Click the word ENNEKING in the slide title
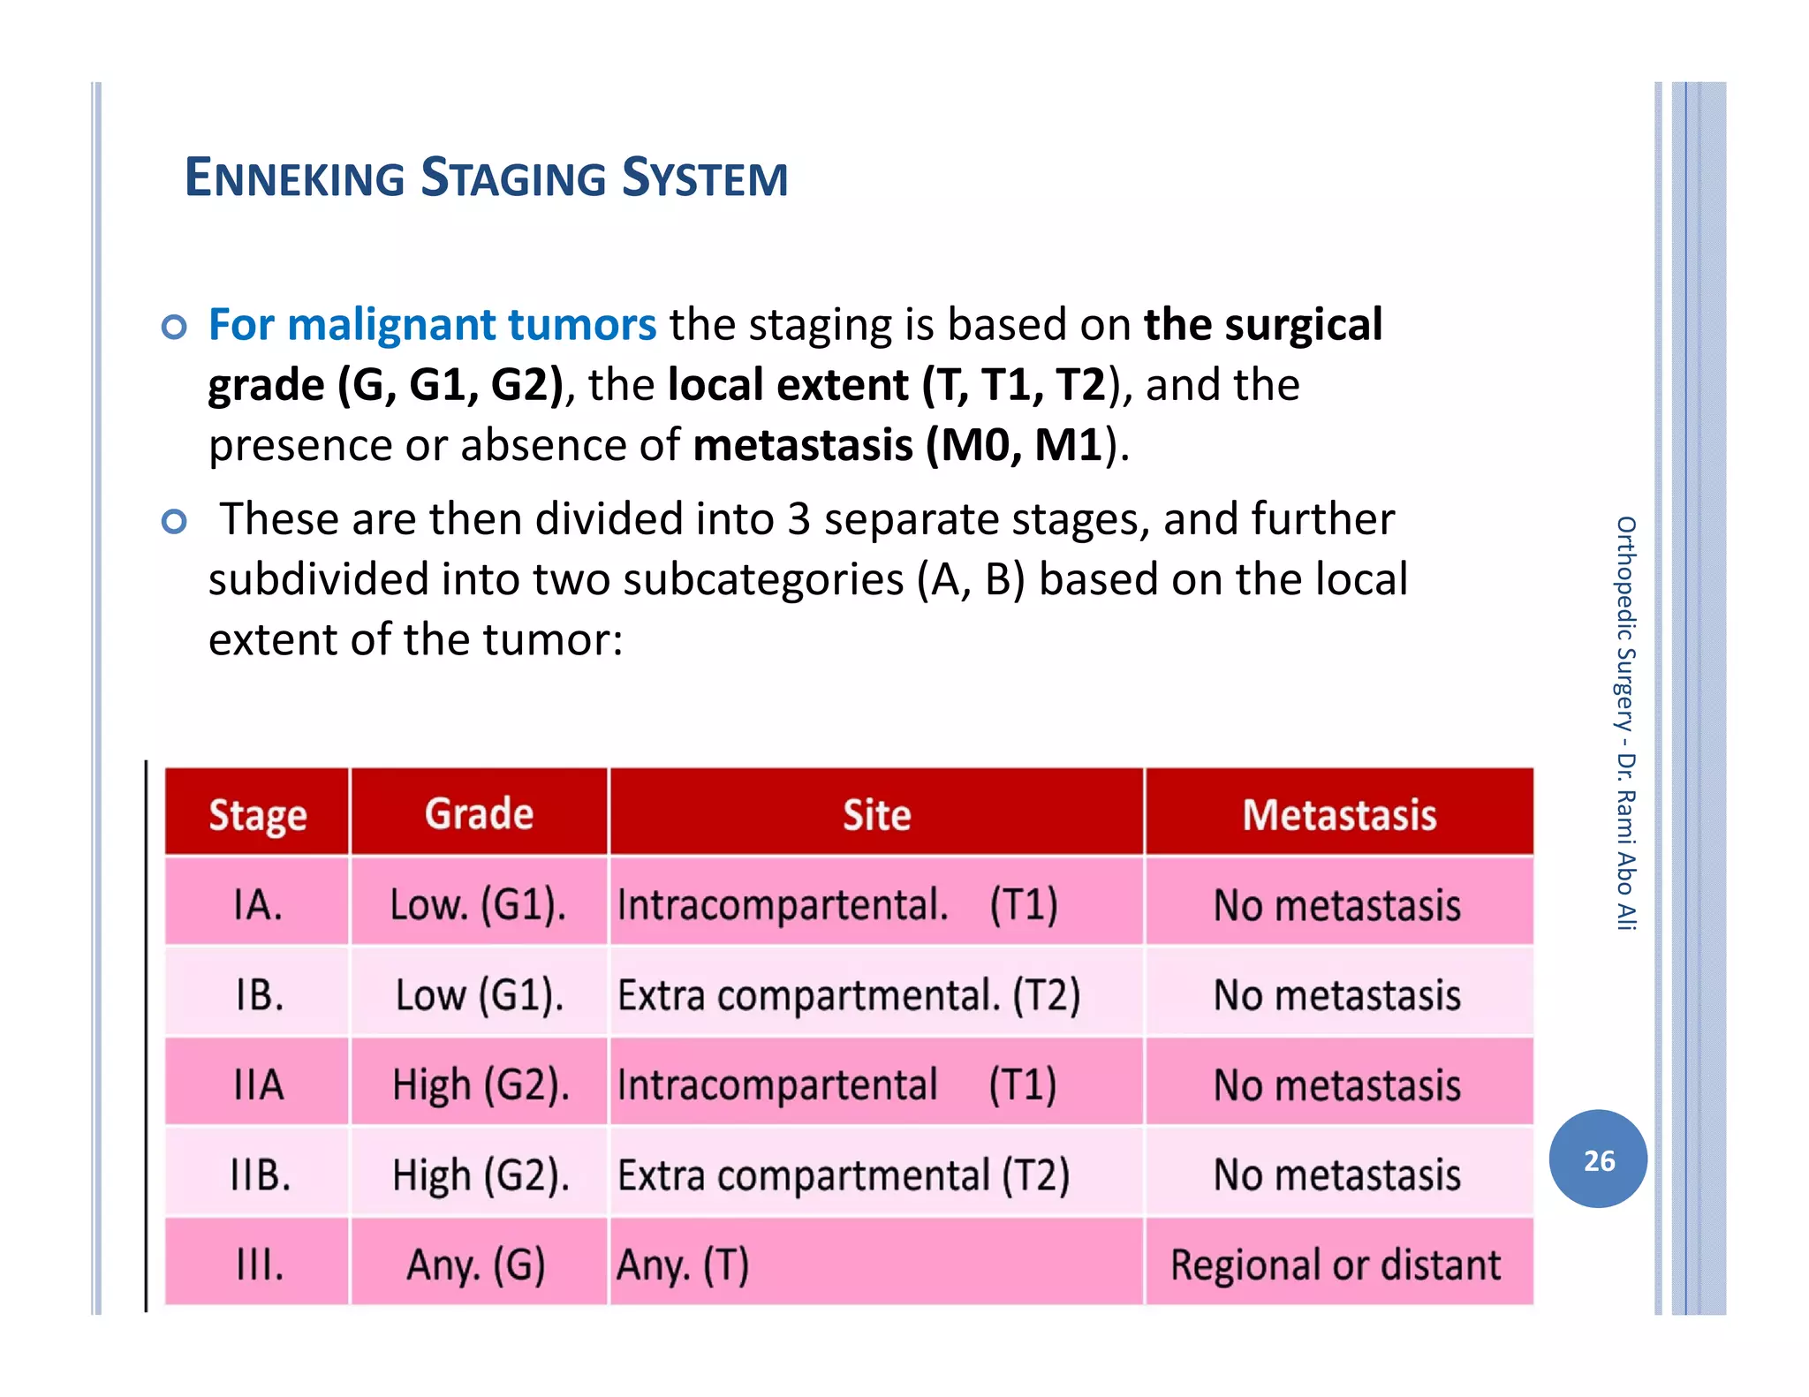click(294, 177)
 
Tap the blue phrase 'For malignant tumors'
click(432, 324)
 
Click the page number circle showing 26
click(1598, 1159)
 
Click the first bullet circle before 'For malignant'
click(175, 328)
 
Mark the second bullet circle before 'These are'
click(175, 522)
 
